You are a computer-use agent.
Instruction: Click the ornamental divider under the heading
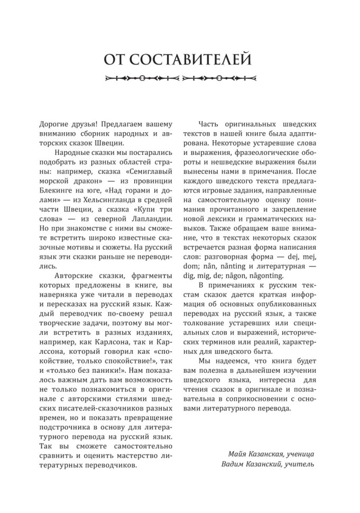point(180,80)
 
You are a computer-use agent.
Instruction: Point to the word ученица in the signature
point(299,454)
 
